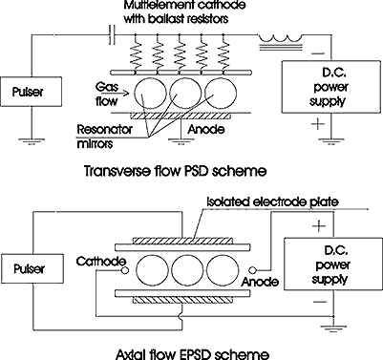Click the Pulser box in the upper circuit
pos(31,92)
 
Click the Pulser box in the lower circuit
pos(32,269)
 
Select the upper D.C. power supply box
pos(331,87)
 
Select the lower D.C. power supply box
pos(333,264)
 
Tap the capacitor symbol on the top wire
pos(112,34)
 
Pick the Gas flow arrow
pos(122,94)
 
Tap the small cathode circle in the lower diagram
pos(124,270)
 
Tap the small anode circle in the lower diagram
pos(252,270)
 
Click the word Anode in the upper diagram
pos(206,130)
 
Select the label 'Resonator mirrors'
pos(105,137)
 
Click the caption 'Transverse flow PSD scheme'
pos(175,171)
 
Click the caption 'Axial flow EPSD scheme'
pos(193,354)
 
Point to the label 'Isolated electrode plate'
pos(272,201)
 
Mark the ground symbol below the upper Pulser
pos(32,141)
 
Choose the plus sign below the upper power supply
pos(318,124)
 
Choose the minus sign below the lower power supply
pos(320,302)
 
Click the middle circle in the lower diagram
pos(187,270)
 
